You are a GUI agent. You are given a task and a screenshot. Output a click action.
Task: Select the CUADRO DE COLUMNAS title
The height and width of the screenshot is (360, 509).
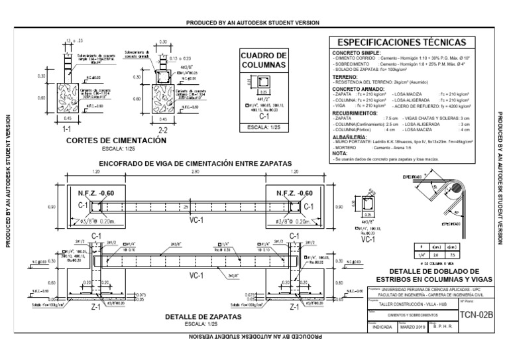tap(263, 60)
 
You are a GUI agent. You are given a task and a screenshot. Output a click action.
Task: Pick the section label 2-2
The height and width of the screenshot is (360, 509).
tap(162, 130)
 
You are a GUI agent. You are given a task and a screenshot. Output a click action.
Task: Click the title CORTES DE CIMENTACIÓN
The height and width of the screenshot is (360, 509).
tap(116, 141)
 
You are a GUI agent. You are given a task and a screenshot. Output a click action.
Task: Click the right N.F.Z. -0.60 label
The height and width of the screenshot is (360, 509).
tap(296, 193)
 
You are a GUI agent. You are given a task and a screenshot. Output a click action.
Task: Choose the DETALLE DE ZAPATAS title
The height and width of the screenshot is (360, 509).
tap(203, 317)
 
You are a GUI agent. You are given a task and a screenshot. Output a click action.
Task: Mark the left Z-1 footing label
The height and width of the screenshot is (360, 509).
tap(96, 307)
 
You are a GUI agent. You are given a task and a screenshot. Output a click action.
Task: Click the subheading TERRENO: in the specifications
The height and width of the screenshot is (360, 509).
tap(345, 76)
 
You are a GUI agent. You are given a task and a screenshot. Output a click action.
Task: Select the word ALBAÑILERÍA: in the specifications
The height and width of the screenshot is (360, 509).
tap(351, 136)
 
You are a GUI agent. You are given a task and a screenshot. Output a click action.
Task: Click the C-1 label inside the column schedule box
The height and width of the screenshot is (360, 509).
tap(263, 116)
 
